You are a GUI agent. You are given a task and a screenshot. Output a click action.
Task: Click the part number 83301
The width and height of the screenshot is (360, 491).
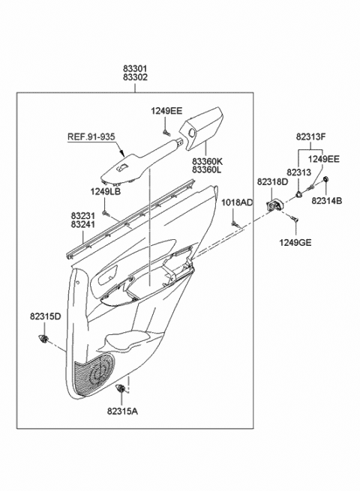pyautogui.click(x=136, y=67)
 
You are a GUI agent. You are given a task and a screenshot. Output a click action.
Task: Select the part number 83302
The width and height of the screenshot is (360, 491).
pyautogui.click(x=136, y=76)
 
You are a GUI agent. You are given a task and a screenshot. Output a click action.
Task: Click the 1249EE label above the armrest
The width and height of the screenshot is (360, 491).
pyautogui.click(x=166, y=112)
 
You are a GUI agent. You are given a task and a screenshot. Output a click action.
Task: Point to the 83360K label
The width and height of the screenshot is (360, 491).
pyautogui.click(x=207, y=162)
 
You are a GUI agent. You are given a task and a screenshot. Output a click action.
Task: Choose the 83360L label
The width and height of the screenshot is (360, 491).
pyautogui.click(x=207, y=171)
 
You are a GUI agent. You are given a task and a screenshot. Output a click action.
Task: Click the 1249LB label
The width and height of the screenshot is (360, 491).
pyautogui.click(x=106, y=192)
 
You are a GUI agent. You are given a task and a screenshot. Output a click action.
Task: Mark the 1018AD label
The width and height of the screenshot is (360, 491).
pyautogui.click(x=237, y=203)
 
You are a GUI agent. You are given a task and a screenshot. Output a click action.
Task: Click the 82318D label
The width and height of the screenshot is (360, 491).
pyautogui.click(x=271, y=182)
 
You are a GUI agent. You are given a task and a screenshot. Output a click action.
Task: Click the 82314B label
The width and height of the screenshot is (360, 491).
pyautogui.click(x=326, y=200)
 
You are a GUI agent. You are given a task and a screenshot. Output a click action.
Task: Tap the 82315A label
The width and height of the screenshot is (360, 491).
pyautogui.click(x=121, y=411)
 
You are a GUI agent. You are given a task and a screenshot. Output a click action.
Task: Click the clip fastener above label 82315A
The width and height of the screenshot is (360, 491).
pyautogui.click(x=121, y=389)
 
